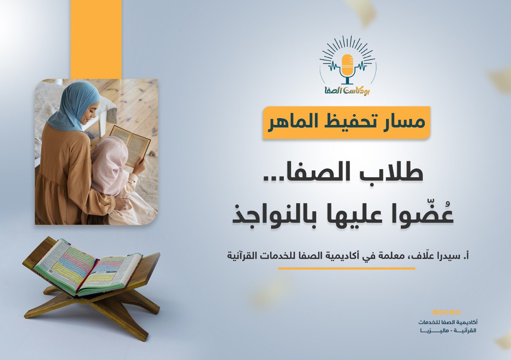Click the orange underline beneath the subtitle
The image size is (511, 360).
[347, 269]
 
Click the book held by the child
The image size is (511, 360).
[131, 145]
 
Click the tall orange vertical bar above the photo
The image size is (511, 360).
[96, 39]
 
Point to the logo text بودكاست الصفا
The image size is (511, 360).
[347, 91]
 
